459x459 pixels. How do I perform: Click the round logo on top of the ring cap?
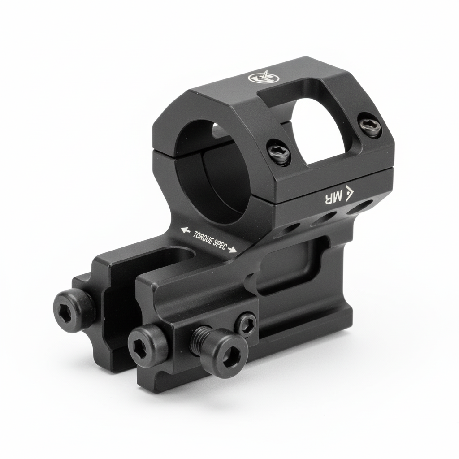[x=264, y=78]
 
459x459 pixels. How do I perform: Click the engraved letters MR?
[x=333, y=196]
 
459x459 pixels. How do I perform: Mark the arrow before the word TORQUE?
[x=186, y=230]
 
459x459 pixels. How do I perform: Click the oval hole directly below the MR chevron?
[x=359, y=208]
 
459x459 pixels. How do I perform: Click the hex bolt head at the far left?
[x=74, y=310]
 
